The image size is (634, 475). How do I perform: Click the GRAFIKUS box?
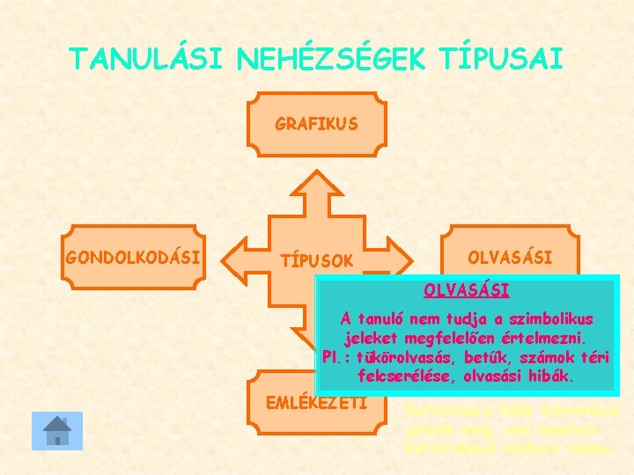tap(316, 124)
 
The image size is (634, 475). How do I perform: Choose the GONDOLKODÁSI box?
tap(133, 258)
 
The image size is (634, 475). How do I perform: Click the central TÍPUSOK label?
tap(316, 260)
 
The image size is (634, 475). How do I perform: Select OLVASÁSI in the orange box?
tap(510, 258)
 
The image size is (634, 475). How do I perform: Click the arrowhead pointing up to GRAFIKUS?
tap(316, 184)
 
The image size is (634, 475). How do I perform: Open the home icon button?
tap(56, 431)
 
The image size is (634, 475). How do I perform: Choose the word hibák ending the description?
tap(552, 376)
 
